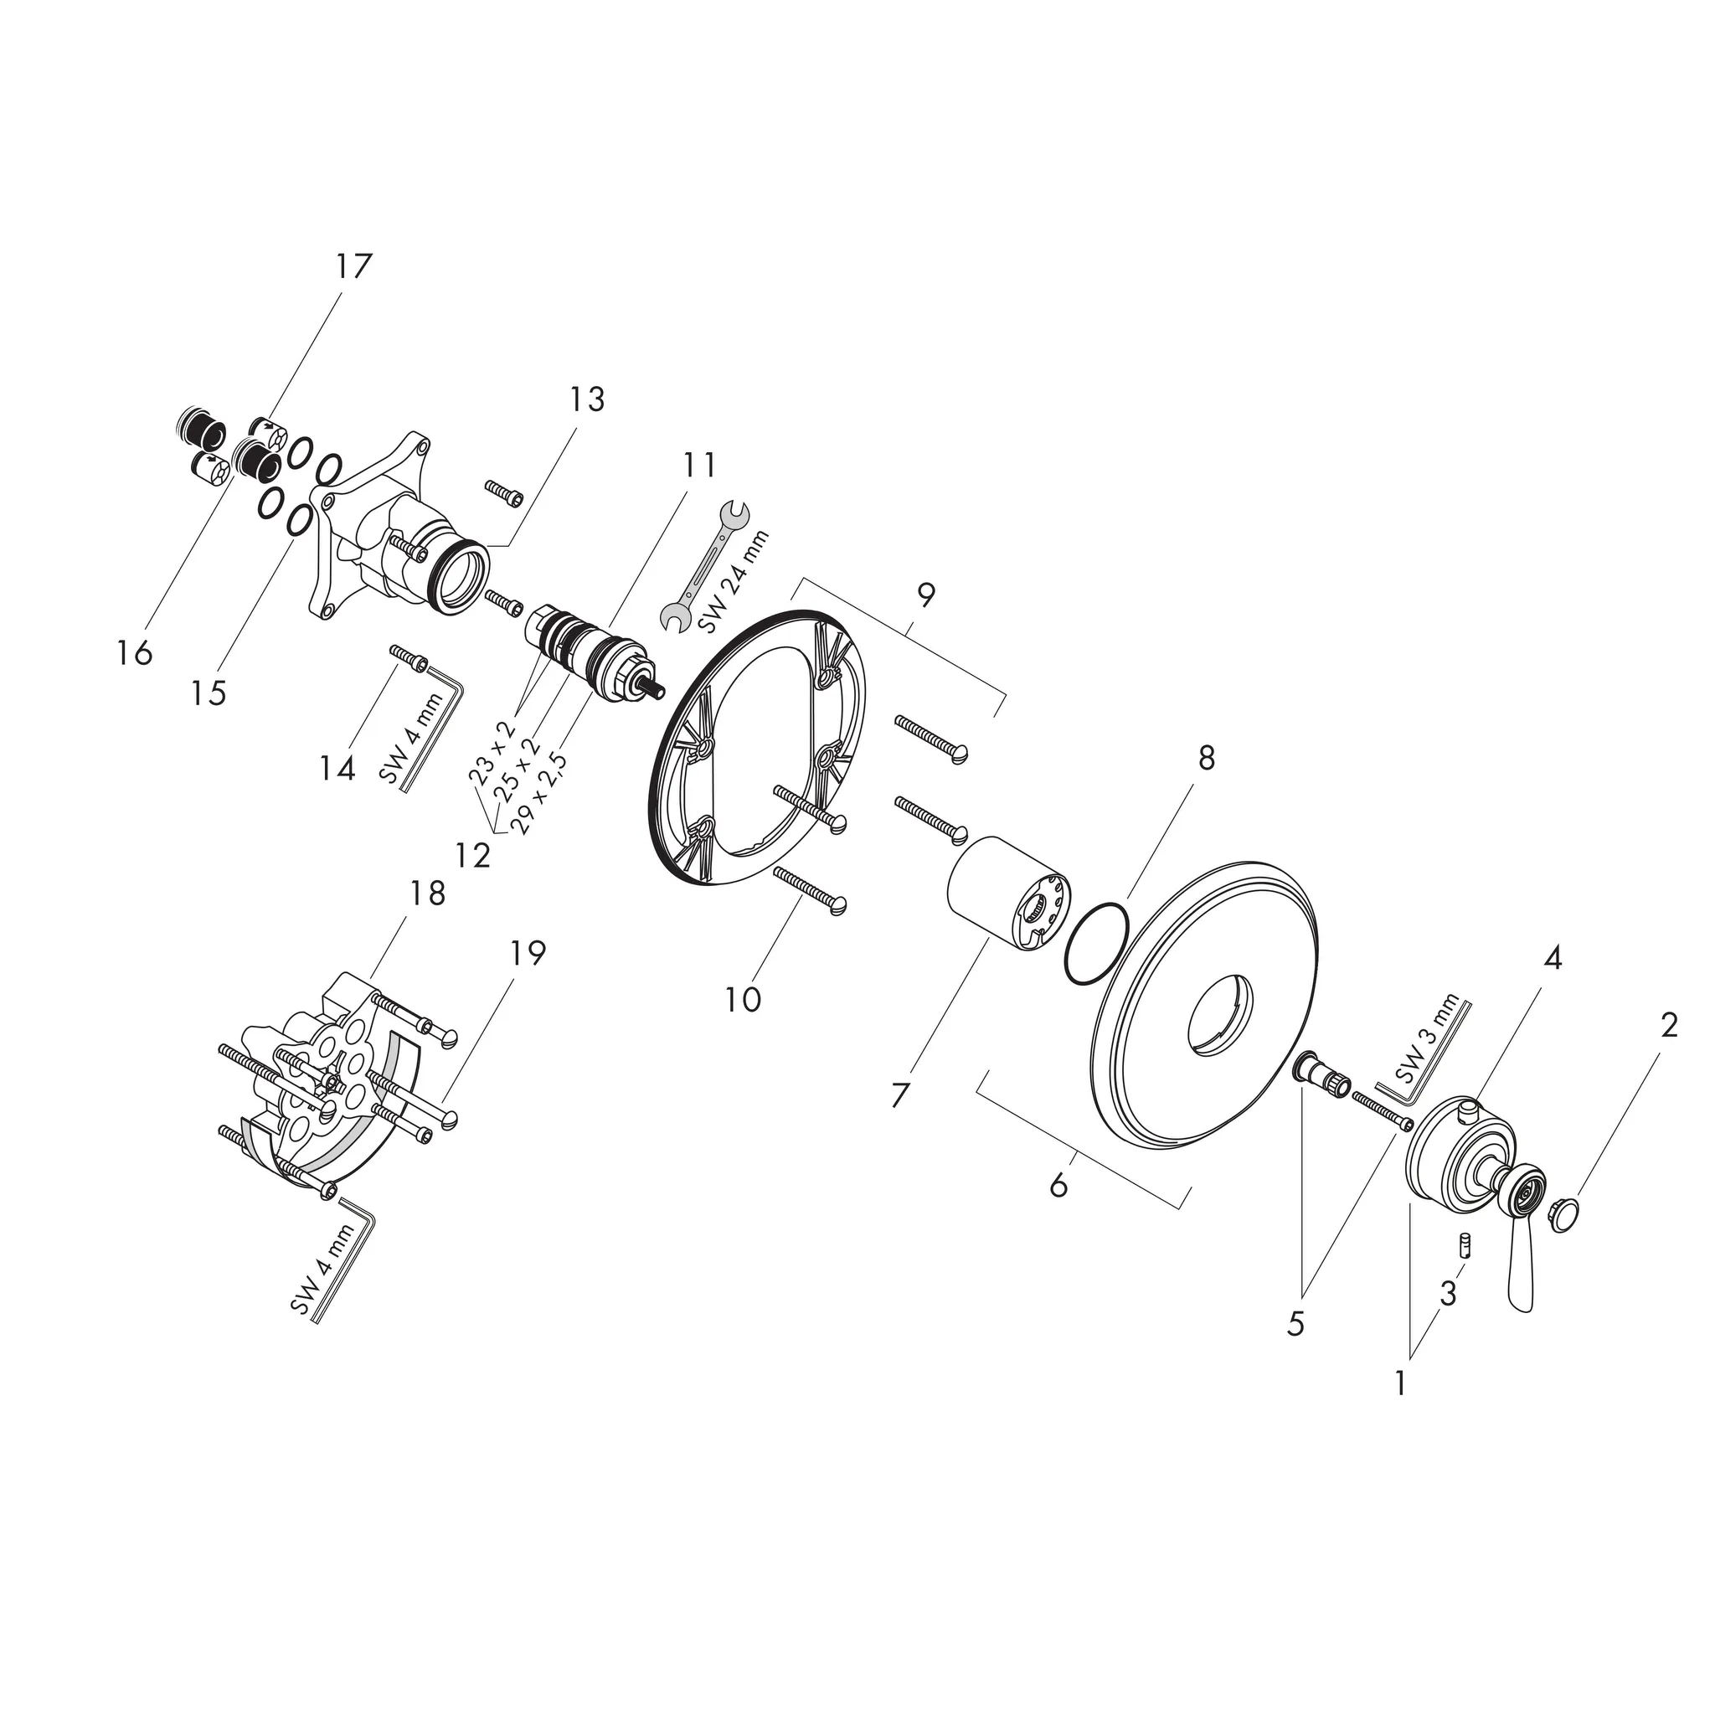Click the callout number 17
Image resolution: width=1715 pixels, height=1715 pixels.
[353, 265]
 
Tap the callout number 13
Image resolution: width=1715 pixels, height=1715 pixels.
[587, 399]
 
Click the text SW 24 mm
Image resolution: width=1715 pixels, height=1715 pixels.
[734, 579]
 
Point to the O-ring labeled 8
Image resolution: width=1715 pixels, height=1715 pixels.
[1096, 944]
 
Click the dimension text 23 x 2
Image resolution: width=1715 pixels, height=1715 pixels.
[492, 753]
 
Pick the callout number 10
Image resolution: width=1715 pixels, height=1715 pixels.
[742, 1000]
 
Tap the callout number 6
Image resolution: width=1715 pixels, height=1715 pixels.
[1058, 1185]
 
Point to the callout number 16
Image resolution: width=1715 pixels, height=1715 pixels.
[134, 654]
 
